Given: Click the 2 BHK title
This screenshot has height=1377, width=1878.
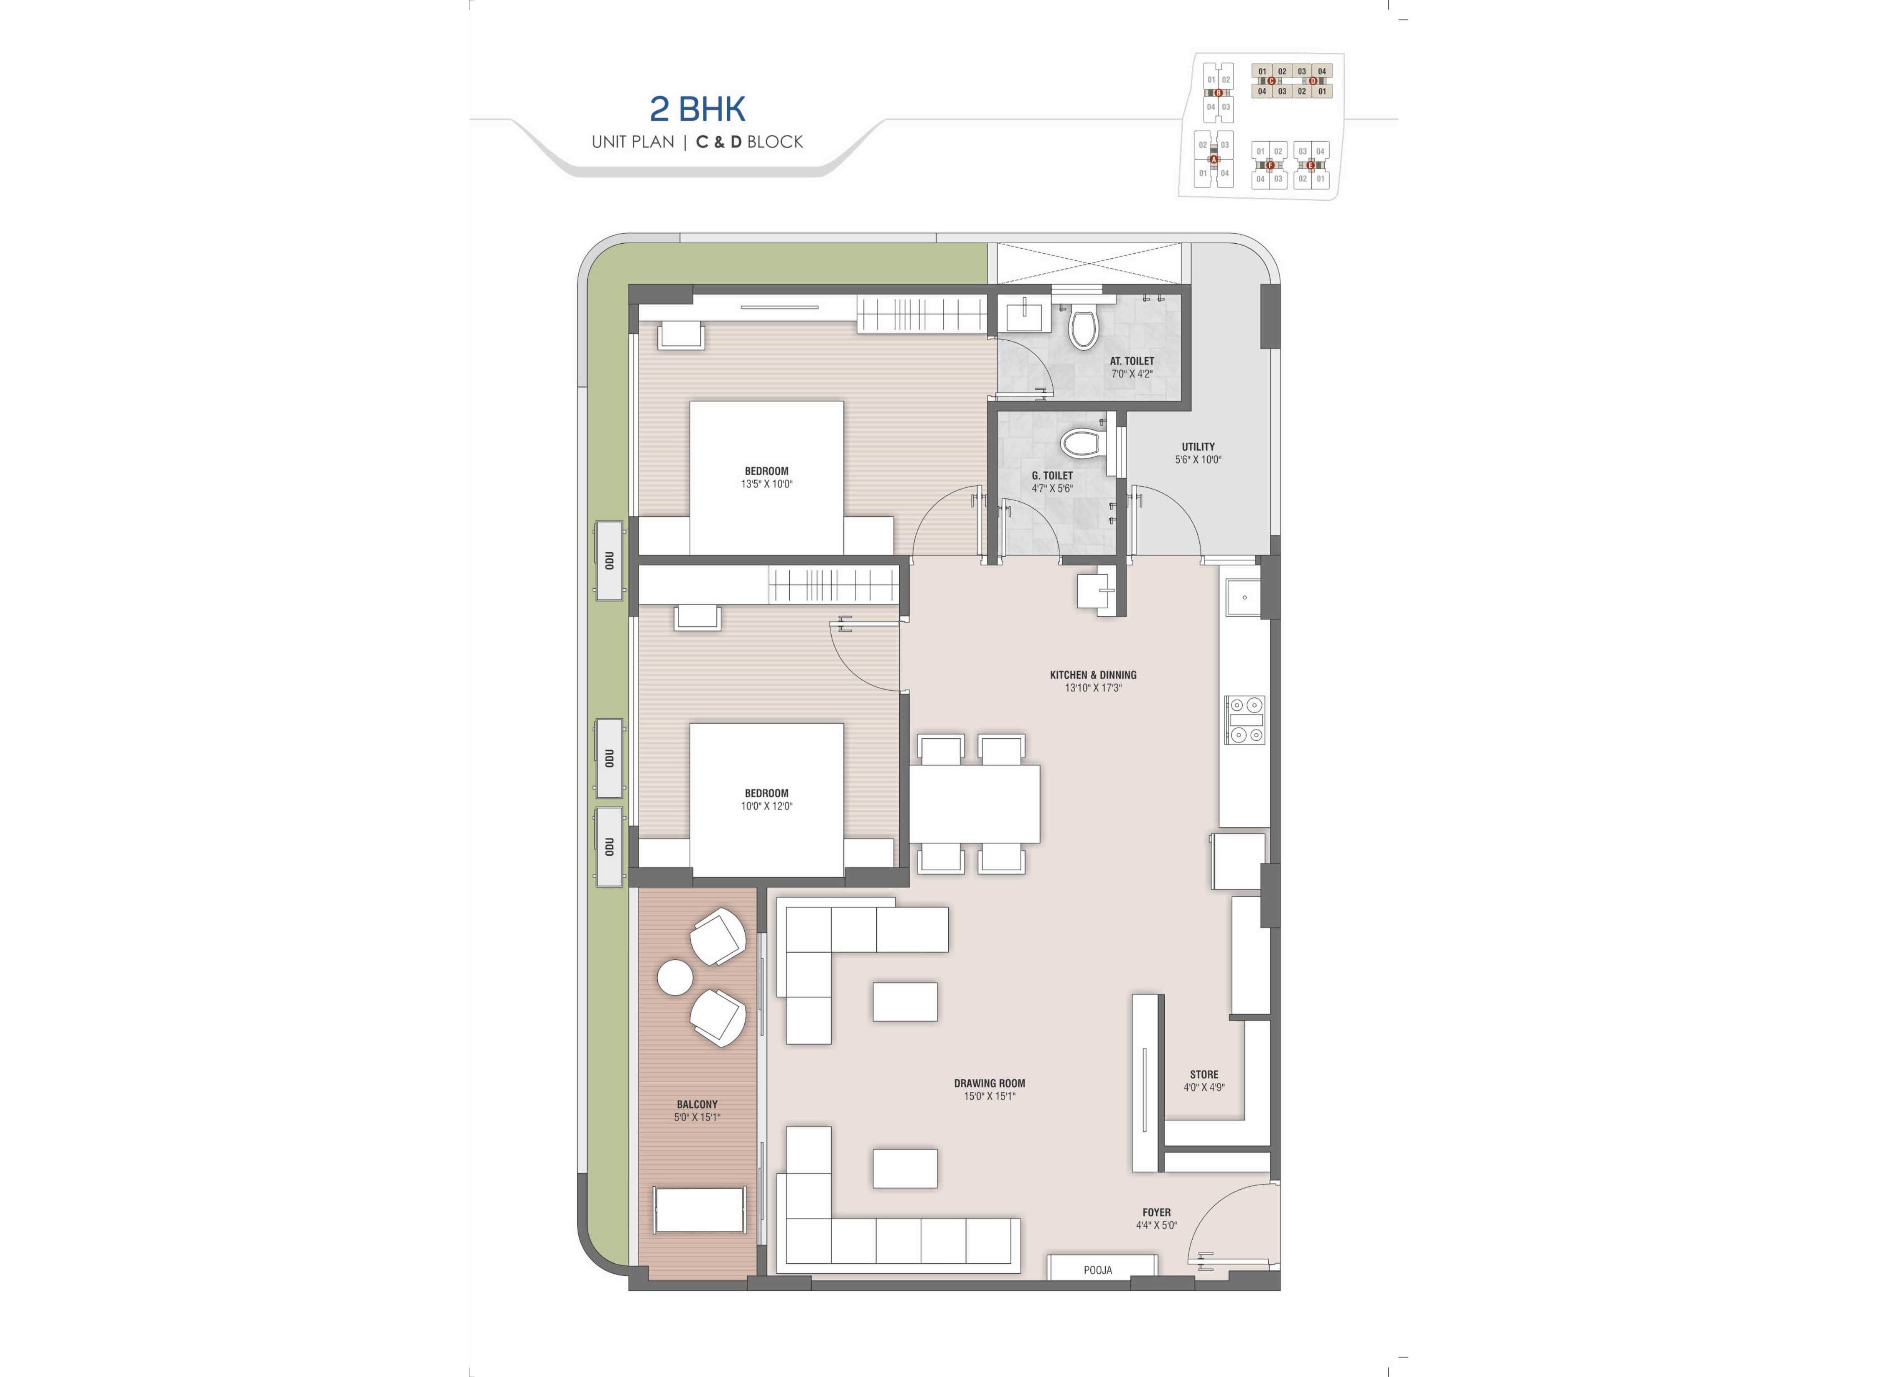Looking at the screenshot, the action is [x=697, y=109].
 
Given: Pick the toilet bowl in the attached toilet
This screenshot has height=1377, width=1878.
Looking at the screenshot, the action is [x=1083, y=329].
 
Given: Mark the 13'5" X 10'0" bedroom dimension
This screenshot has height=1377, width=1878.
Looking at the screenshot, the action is [x=766, y=483].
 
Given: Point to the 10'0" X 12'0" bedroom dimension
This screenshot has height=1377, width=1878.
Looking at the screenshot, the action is [x=766, y=806].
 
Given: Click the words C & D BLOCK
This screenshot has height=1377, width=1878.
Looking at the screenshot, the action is [x=750, y=142].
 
